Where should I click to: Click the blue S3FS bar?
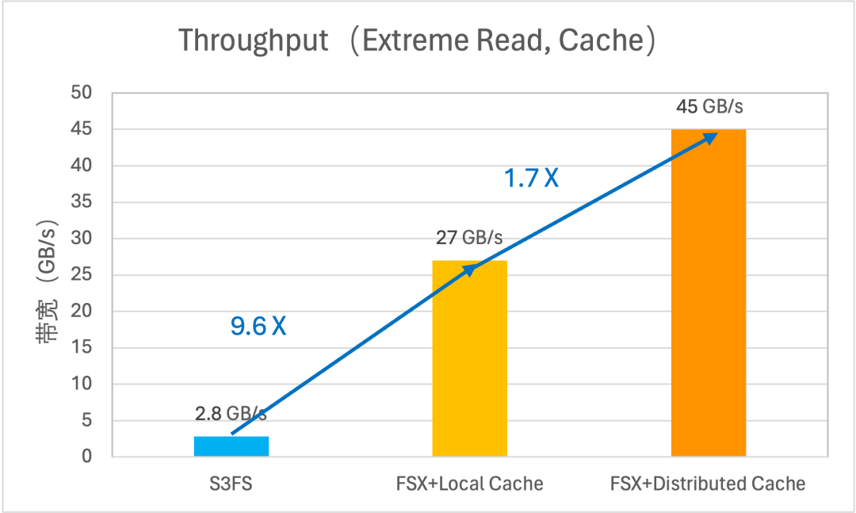(x=231, y=446)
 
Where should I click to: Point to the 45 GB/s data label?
(x=709, y=106)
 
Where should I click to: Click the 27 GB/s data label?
(x=469, y=237)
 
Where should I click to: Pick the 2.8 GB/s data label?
(x=231, y=413)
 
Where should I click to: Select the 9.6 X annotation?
(x=258, y=326)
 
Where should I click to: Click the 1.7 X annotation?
(x=532, y=178)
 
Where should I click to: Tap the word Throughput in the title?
(x=253, y=41)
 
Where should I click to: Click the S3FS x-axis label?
(x=231, y=483)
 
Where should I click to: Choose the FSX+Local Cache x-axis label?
(x=470, y=483)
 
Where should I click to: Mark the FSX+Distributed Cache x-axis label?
(x=708, y=483)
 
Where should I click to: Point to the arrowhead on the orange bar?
(x=710, y=136)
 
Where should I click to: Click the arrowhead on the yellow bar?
(x=469, y=270)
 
